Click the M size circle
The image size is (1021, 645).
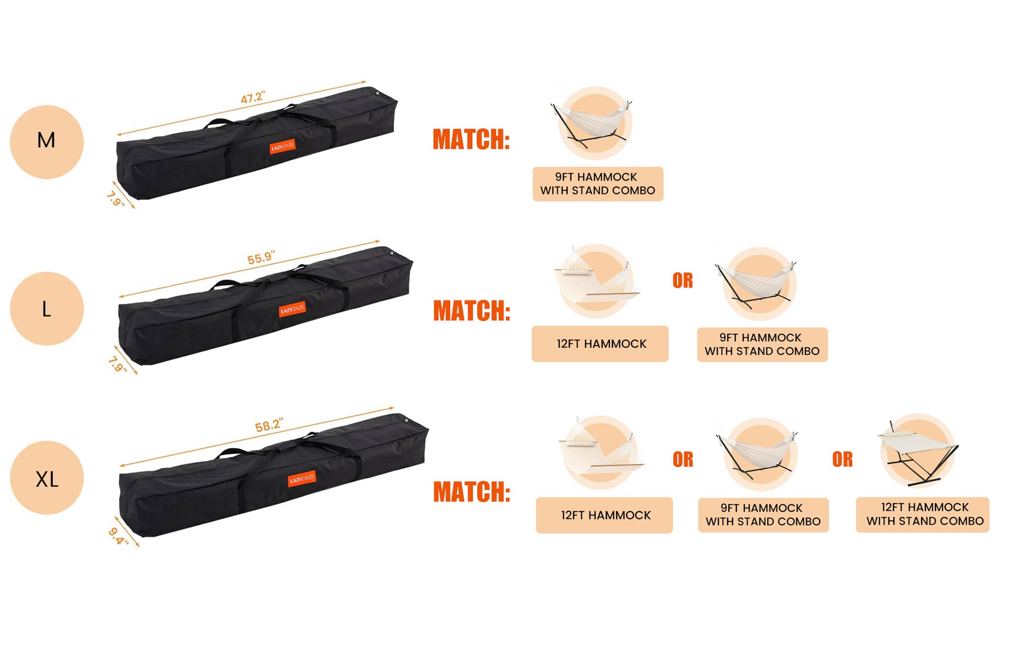point(47,142)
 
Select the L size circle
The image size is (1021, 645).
point(47,309)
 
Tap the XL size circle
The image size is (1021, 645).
point(47,478)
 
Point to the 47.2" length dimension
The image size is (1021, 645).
point(253,98)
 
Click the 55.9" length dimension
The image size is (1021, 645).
point(261,258)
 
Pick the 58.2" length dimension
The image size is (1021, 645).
point(269,426)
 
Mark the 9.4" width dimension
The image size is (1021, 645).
point(118,536)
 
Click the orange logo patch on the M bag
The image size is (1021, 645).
point(283,147)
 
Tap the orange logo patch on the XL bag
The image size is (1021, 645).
point(302,478)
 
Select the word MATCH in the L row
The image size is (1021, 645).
point(471,311)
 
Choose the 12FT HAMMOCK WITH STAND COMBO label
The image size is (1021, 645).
point(923,514)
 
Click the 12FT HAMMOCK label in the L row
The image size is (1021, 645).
point(600,343)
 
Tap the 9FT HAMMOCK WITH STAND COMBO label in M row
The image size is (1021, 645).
point(598,184)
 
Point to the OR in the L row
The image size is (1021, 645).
point(682,281)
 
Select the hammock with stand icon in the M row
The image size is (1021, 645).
point(593,123)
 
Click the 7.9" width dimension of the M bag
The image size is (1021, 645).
point(116,199)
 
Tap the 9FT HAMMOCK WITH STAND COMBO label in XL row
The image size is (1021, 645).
point(764,515)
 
